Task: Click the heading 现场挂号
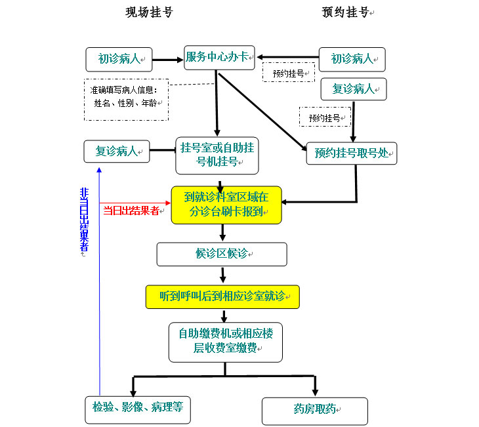tap(149, 12)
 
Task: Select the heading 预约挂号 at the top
tap(346, 12)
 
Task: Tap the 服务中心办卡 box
tap(219, 57)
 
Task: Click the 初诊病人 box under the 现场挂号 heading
tap(119, 59)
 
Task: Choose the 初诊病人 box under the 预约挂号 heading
tap(352, 59)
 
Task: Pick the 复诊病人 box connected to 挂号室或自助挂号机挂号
tap(117, 152)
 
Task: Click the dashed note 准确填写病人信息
tap(126, 99)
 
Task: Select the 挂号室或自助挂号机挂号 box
tap(217, 155)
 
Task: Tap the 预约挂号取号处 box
tap(352, 153)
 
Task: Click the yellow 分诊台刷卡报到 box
tap(226, 205)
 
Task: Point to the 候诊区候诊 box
tap(222, 254)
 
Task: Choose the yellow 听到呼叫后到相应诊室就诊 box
tap(222, 296)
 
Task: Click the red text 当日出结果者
tap(131, 211)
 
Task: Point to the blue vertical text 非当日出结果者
tap(84, 220)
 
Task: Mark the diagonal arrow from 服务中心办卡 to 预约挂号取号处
tap(262, 112)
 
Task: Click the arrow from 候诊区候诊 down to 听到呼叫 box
tap(222, 275)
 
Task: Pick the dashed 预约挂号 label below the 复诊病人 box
tap(325, 117)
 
